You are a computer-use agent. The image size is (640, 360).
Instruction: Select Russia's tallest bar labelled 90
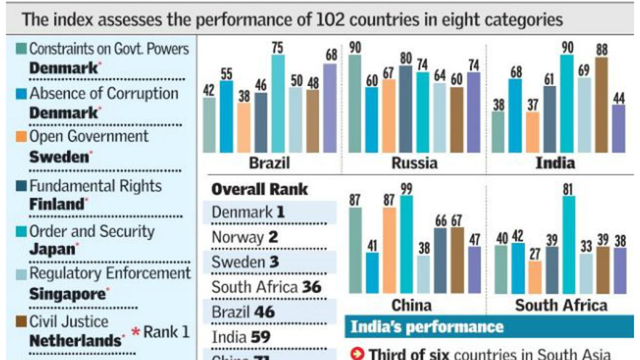pos(355,104)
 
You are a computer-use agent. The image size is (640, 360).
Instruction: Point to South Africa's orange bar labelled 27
pos(535,277)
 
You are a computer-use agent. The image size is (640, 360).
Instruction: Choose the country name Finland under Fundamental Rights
pos(57,204)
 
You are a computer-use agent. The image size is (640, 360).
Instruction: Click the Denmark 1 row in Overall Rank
pos(248,212)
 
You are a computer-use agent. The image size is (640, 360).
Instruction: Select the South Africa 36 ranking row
pos(267,287)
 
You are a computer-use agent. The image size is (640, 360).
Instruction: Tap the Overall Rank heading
pos(259,189)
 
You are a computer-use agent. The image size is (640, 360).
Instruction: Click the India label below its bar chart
pos(555,163)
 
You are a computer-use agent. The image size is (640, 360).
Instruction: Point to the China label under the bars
pos(411,305)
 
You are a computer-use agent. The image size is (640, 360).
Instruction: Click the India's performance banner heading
pos(426,326)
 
